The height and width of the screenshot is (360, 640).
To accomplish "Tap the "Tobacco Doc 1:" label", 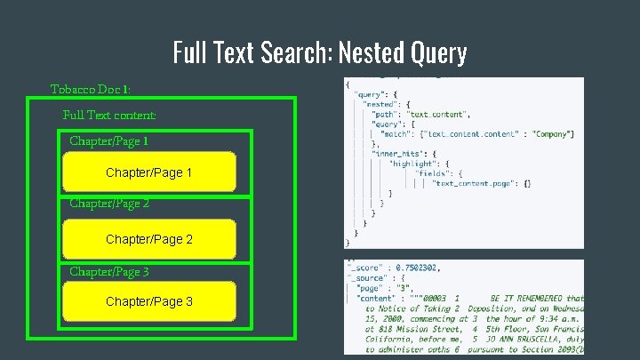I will click(x=91, y=90).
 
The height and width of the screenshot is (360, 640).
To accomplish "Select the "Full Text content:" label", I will click(x=109, y=115).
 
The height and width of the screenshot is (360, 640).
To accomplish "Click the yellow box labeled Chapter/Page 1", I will click(x=148, y=172).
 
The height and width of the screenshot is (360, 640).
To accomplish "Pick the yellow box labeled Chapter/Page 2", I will click(x=148, y=239).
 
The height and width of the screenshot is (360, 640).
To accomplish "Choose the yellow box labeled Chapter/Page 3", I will click(x=148, y=301).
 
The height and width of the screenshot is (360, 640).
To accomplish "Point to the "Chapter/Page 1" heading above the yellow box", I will click(x=109, y=140).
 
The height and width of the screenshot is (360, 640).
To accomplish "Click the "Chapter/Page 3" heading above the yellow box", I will click(x=109, y=271).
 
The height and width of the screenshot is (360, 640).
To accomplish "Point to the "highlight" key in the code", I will click(x=412, y=164).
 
